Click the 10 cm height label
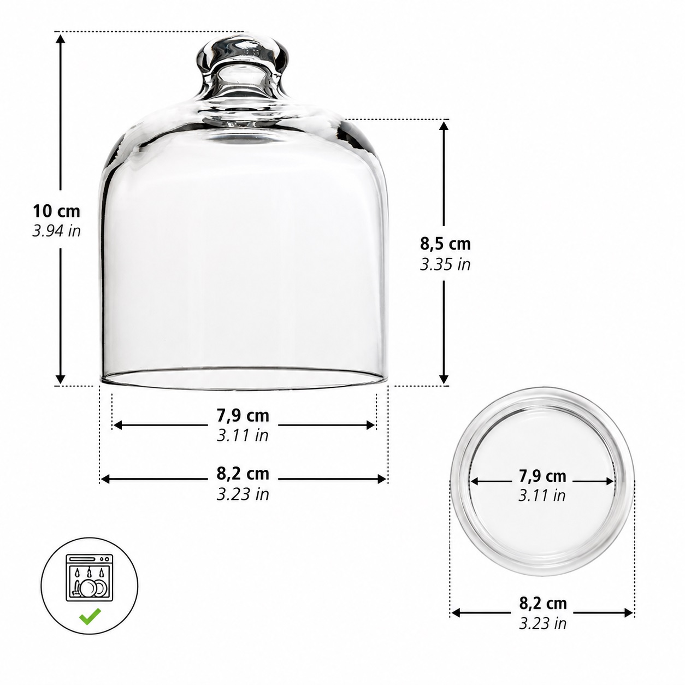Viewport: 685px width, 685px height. coord(56,211)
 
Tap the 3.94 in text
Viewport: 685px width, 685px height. coord(56,231)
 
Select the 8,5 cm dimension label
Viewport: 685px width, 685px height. coord(445,244)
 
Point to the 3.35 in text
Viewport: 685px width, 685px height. coord(445,264)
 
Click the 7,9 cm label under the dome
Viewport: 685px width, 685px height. coord(243,416)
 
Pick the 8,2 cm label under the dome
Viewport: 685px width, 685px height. coord(243,474)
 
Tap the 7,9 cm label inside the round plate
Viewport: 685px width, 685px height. coord(542,476)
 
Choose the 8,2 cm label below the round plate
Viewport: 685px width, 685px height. coord(543,603)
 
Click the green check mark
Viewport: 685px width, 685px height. coord(90,617)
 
